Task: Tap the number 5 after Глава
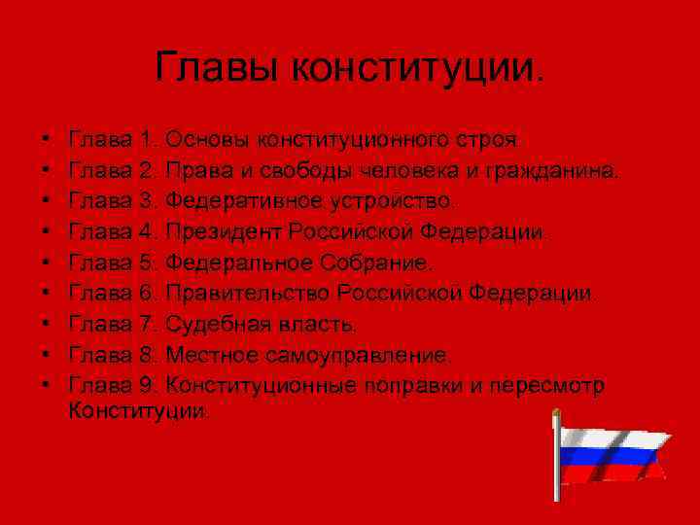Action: coord(147,262)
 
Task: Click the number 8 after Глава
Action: coord(147,354)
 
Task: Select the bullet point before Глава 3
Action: coord(47,202)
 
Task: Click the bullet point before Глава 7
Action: coord(47,324)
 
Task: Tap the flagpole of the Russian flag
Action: coord(558,462)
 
